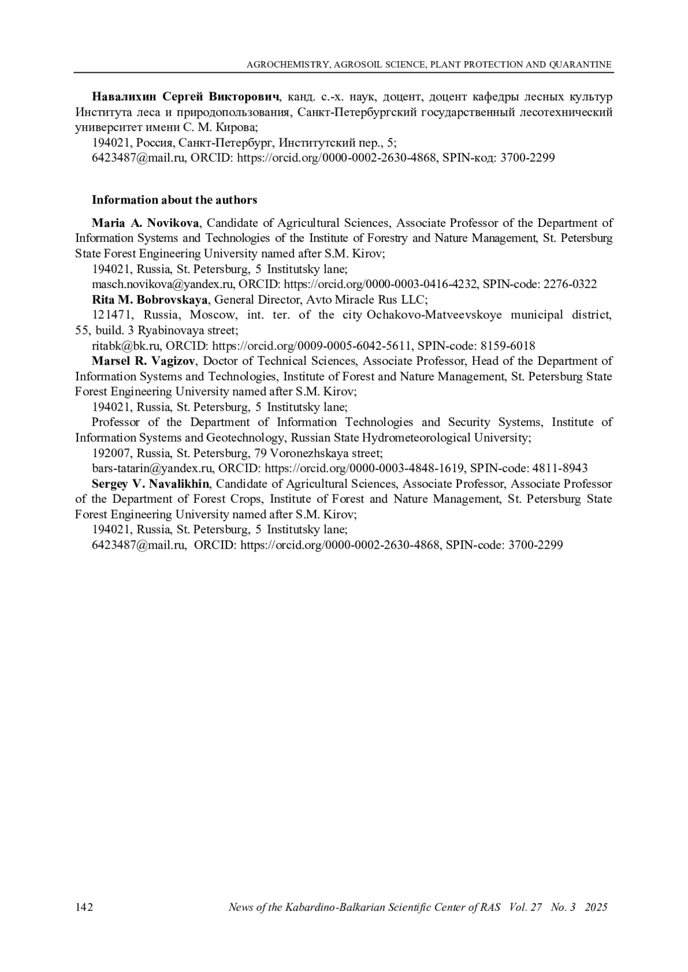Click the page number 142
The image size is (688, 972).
84,907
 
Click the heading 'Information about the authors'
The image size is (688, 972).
174,200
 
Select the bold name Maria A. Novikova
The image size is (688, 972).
146,223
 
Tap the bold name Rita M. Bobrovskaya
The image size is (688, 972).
150,300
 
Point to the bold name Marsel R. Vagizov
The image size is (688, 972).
144,361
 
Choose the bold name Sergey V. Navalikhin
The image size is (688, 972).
150,484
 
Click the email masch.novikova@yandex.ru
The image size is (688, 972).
163,284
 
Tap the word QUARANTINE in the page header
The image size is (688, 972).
580,65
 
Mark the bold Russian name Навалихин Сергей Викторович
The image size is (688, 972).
186,96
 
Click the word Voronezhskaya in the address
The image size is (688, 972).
304,453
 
